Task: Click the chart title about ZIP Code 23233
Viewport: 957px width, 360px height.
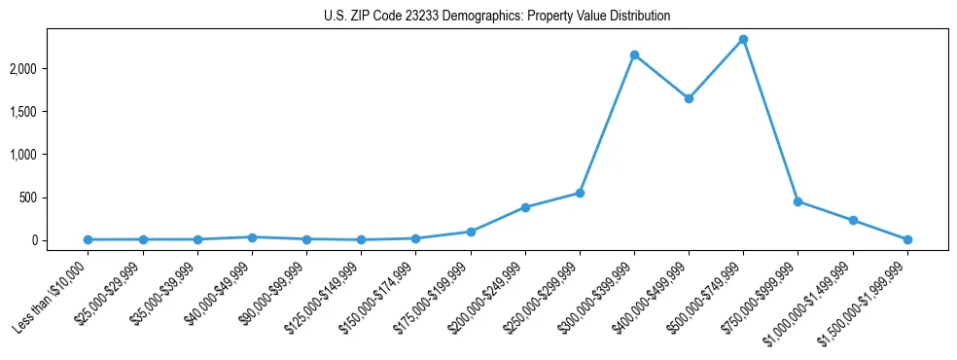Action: click(497, 17)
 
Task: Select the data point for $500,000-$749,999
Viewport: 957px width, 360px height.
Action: click(743, 40)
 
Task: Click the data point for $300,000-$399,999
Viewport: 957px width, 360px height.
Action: click(634, 55)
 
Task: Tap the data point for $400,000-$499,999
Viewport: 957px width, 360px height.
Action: click(689, 98)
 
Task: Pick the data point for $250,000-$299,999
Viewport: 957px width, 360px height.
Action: click(580, 193)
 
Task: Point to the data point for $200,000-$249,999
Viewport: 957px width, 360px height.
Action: click(525, 207)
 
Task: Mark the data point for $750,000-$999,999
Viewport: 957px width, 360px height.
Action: click(797, 201)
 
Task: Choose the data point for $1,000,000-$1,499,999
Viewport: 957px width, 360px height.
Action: click(853, 221)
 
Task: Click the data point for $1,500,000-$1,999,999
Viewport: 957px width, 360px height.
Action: click(907, 239)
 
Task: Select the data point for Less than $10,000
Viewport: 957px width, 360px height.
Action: click(89, 239)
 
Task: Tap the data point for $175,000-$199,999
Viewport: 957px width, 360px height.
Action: click(471, 232)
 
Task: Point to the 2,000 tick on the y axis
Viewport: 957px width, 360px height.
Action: click(51, 69)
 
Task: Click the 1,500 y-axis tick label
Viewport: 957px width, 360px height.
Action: click(51, 112)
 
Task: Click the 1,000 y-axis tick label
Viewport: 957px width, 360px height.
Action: click(51, 155)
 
